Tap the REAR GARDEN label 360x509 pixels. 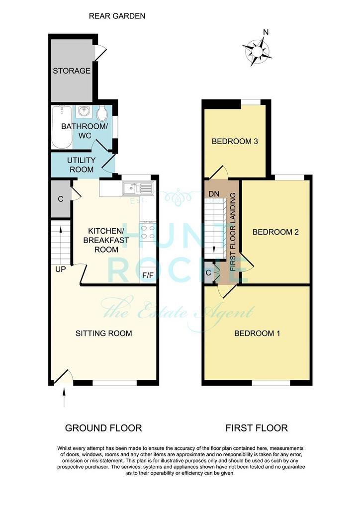pos(117,16)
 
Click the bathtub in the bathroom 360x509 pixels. pos(62,127)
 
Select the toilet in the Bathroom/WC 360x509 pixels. pos(102,113)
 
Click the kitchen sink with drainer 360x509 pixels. pos(138,188)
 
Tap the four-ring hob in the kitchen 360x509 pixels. pos(147,232)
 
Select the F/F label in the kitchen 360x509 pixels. pos(148,275)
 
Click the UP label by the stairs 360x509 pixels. pos(60,269)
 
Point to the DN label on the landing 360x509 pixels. pos(214,194)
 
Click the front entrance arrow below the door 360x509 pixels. pos(64,397)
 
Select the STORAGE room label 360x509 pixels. pos(72,71)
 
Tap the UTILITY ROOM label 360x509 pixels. pos(82,165)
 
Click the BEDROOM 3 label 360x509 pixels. pos(235,141)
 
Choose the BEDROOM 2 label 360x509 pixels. pos(275,232)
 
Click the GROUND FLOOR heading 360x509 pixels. pos(103,428)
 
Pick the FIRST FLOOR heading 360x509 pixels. pos(257,428)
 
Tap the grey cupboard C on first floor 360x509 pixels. pos(209,273)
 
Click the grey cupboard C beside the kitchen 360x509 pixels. pos(61,199)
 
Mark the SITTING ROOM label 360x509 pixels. pos(104,334)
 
